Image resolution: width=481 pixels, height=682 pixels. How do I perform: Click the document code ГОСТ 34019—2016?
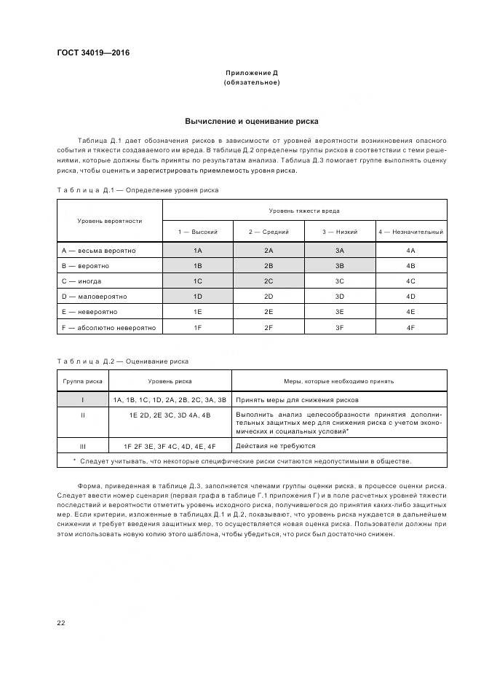[88, 52]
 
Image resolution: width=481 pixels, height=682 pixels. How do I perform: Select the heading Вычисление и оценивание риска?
[251, 121]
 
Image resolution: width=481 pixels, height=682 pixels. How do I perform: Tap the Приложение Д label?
[251, 73]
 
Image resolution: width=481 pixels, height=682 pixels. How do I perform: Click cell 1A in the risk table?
[197, 251]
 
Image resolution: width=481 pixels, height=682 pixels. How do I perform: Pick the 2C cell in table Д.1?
[269, 281]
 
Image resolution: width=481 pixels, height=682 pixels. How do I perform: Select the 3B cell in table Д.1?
[339, 266]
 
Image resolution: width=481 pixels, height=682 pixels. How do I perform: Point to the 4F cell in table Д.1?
[410, 328]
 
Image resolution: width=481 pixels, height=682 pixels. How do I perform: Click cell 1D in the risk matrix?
[197, 297]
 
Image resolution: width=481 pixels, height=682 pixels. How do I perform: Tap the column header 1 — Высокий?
[197, 232]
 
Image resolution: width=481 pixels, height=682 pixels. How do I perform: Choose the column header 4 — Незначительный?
[410, 232]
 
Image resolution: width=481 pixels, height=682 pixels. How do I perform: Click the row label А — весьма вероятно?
[98, 251]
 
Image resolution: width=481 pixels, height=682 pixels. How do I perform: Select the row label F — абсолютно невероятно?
[108, 328]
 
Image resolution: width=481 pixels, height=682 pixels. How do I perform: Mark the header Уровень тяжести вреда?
[304, 210]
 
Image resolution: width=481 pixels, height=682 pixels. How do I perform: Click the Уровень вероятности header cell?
[109, 220]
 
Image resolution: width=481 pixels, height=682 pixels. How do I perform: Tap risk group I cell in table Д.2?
[82, 400]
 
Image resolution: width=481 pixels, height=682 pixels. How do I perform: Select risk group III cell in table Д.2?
[82, 445]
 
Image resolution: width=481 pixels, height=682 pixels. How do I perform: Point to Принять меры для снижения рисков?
[297, 400]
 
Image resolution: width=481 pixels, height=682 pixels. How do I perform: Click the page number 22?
[61, 622]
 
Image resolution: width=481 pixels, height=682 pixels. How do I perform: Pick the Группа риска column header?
[82, 380]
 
